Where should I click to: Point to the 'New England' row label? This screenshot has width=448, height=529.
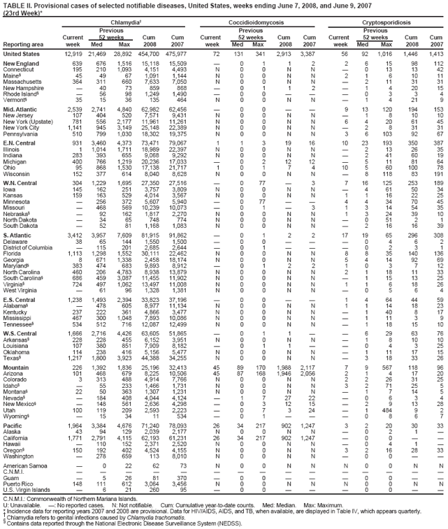[x=21, y=64]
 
